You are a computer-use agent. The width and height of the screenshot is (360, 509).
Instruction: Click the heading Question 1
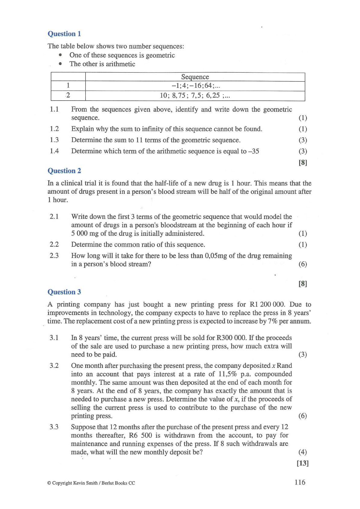[64, 34]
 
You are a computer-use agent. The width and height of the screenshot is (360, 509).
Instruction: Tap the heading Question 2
[64, 171]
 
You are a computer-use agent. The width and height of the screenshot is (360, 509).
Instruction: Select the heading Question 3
[64, 292]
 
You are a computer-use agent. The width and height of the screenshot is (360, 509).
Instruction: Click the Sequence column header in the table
[195, 77]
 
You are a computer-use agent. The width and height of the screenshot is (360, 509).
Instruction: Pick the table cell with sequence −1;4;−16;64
[195, 86]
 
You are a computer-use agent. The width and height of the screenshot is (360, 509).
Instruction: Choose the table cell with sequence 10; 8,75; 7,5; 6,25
[195, 96]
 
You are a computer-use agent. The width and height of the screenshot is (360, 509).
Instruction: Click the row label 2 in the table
[68, 96]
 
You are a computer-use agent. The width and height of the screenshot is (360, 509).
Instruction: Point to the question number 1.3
[54, 140]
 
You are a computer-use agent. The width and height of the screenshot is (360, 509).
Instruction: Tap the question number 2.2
[54, 245]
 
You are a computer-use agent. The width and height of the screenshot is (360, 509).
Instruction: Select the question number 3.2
[54, 366]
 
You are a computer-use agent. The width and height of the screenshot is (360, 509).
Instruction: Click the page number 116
[300, 482]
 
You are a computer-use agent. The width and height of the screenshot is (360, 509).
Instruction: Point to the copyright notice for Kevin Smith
[91, 483]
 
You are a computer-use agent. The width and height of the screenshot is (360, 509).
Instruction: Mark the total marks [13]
[303, 463]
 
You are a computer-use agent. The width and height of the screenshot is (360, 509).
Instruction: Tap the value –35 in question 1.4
[254, 151]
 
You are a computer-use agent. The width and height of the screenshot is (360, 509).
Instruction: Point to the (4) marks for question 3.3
[303, 452]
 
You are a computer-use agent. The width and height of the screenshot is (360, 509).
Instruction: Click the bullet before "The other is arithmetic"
[61, 64]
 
